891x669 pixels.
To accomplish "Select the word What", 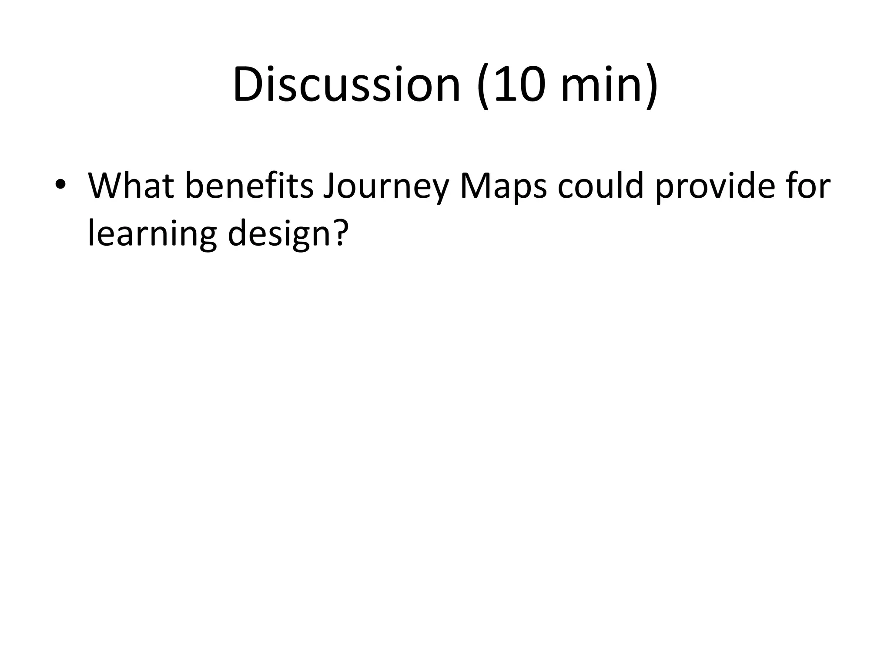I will [x=131, y=186].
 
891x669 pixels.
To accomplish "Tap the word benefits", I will [x=249, y=186].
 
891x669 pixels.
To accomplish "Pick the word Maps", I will [x=503, y=188].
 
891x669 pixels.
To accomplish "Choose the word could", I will [x=600, y=186].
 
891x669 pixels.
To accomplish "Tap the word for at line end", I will [x=809, y=186].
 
